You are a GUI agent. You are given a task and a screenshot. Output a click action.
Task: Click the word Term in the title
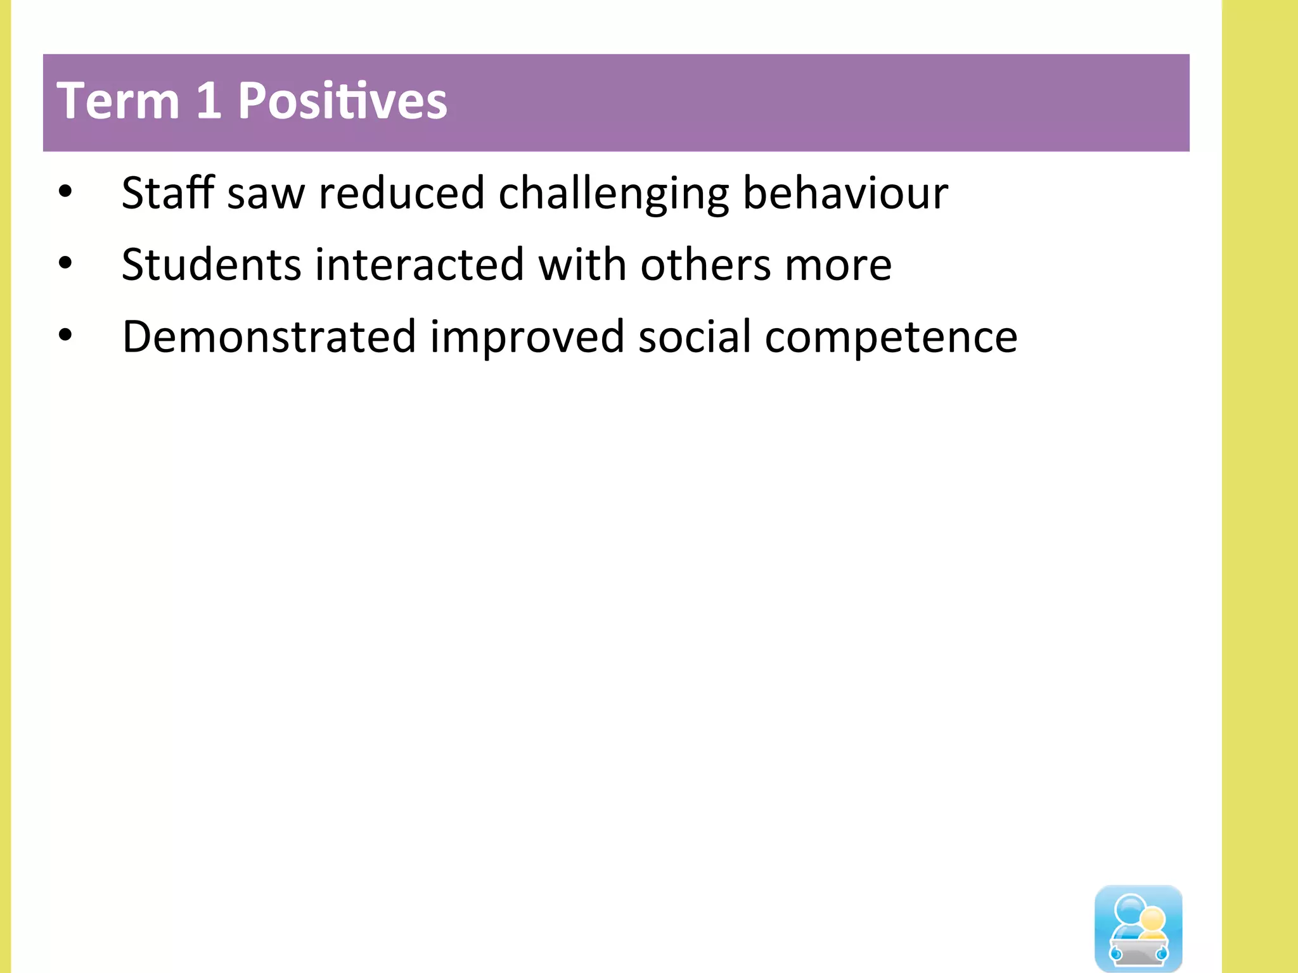click(x=118, y=101)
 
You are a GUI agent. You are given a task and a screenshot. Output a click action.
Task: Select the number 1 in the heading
click(x=209, y=101)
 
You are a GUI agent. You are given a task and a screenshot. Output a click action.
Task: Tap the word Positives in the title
click(x=342, y=101)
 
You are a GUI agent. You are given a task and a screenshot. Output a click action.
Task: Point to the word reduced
click(x=401, y=193)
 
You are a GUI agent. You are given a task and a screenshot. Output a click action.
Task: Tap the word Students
click(x=211, y=264)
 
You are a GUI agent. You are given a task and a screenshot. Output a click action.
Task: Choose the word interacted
click(x=419, y=264)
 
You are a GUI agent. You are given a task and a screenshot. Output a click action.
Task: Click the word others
click(x=705, y=264)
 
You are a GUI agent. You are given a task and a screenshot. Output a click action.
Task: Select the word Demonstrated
click(x=269, y=336)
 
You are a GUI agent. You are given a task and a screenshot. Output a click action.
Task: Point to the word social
click(x=694, y=336)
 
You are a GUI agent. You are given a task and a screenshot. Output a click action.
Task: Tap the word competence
click(x=890, y=338)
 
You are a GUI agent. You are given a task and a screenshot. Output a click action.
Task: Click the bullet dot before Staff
click(x=65, y=191)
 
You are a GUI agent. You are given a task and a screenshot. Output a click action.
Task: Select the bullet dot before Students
click(x=65, y=264)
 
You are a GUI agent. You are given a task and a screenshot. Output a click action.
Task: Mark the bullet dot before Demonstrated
click(x=65, y=336)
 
